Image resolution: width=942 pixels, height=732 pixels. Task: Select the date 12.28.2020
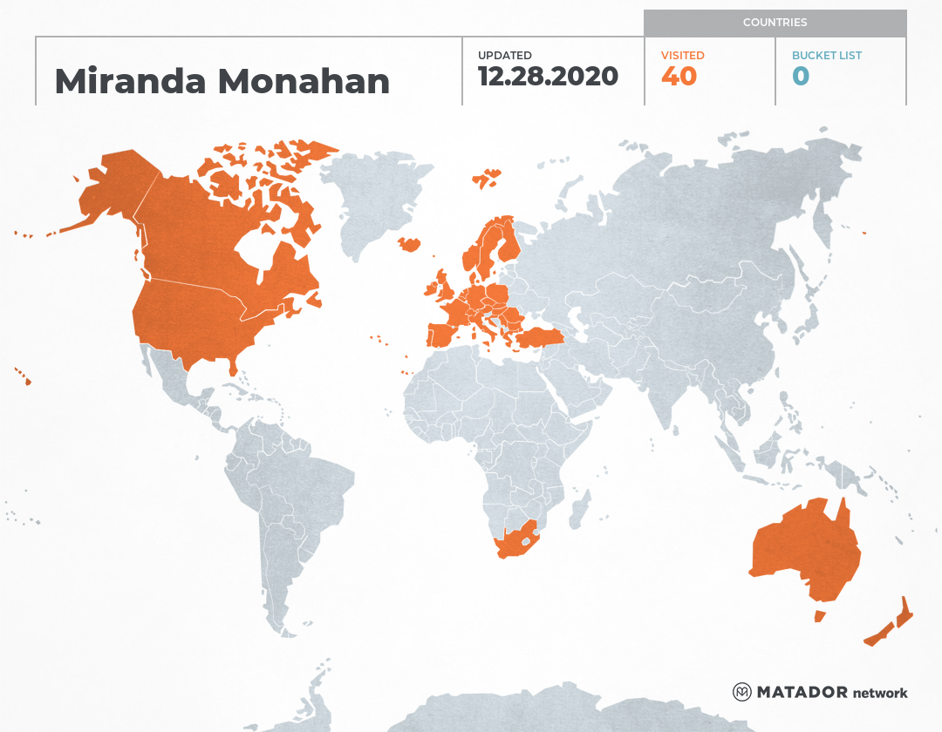tap(548, 77)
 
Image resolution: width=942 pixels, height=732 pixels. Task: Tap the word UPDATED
tap(504, 56)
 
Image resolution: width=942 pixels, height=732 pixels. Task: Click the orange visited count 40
tap(679, 77)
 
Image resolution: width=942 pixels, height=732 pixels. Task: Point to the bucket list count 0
tap(801, 77)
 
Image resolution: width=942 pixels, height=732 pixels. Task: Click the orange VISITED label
tap(682, 56)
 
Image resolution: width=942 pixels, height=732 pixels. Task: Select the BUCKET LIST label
tap(826, 56)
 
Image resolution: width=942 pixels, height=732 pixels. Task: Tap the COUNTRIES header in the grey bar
tap(775, 23)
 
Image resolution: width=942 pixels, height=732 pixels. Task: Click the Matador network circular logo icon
tap(741, 693)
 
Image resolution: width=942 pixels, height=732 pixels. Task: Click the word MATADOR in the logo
tap(802, 693)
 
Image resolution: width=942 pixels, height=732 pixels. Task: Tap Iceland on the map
tap(408, 244)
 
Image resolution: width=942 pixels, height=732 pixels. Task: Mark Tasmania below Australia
tap(819, 616)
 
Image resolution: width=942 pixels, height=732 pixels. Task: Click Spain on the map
tap(445, 334)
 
